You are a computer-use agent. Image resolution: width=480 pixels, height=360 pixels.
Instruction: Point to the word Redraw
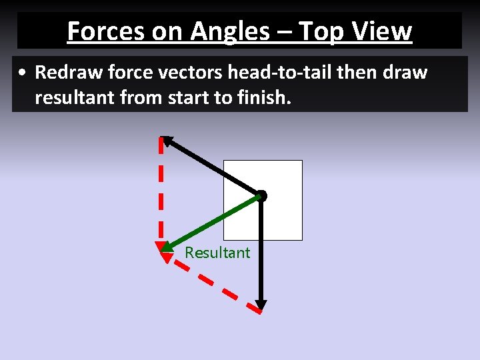(65, 72)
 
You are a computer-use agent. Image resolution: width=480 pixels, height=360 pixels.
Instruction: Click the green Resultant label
(217, 253)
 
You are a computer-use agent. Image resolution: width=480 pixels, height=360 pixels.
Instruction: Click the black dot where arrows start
(262, 196)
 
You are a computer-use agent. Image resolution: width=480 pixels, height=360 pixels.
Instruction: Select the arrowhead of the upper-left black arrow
(167, 140)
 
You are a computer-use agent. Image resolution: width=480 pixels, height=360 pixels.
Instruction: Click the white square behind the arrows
(280, 220)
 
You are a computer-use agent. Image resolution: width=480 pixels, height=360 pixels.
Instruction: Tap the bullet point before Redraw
(23, 73)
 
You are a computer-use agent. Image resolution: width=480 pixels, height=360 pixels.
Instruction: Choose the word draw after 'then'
(403, 72)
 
